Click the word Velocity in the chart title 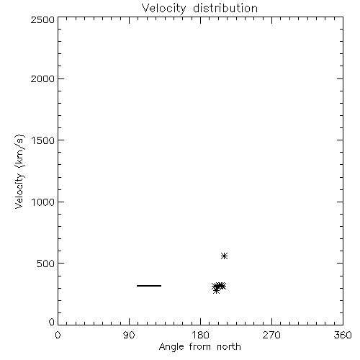point(163,8)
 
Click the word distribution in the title point(225,8)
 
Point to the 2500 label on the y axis point(42,19)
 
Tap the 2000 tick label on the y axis point(42,78)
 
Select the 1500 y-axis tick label point(43,140)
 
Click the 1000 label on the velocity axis point(43,202)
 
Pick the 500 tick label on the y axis point(46,264)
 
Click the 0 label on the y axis point(52,322)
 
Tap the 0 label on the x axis point(58,335)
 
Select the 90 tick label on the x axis point(129,335)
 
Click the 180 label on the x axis point(200,335)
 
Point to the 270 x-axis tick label point(271,335)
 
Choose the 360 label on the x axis point(343,335)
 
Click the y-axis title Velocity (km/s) point(19,171)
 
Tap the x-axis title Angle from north point(200,347)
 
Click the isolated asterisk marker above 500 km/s point(224,256)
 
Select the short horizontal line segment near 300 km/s point(149,286)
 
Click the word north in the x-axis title point(229,347)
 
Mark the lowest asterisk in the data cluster point(216,290)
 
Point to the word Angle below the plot point(171,348)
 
